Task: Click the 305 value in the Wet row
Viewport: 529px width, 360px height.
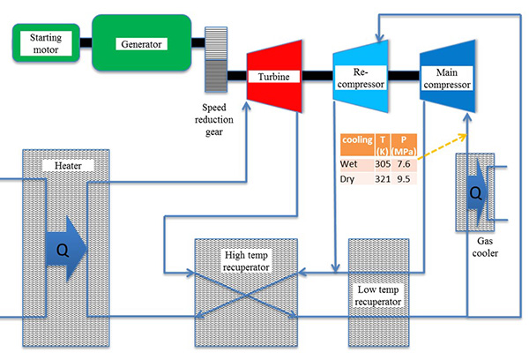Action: [x=383, y=163]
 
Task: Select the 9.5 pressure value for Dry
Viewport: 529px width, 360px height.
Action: [x=405, y=178]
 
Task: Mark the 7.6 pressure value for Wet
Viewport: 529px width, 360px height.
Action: [x=405, y=163]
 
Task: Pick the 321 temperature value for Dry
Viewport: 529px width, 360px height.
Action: [x=383, y=178]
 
